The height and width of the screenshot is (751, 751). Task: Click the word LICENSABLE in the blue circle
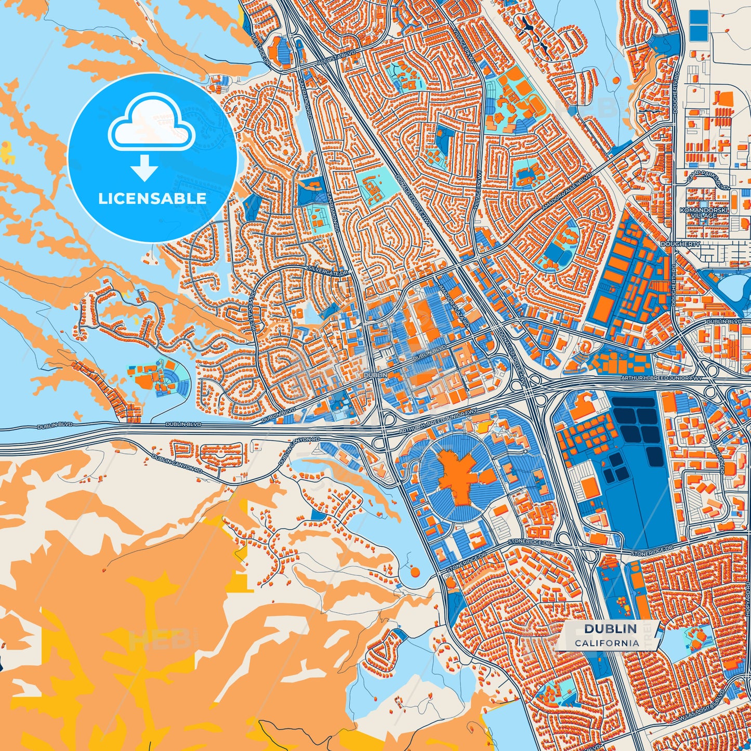(x=152, y=199)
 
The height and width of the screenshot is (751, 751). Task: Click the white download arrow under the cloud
(x=144, y=167)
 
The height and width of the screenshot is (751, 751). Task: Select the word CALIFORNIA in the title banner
(x=607, y=643)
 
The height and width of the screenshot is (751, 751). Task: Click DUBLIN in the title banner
(x=610, y=628)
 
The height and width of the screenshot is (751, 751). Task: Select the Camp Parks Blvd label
(x=708, y=180)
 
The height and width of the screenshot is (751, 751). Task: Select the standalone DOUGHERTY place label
(x=680, y=244)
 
